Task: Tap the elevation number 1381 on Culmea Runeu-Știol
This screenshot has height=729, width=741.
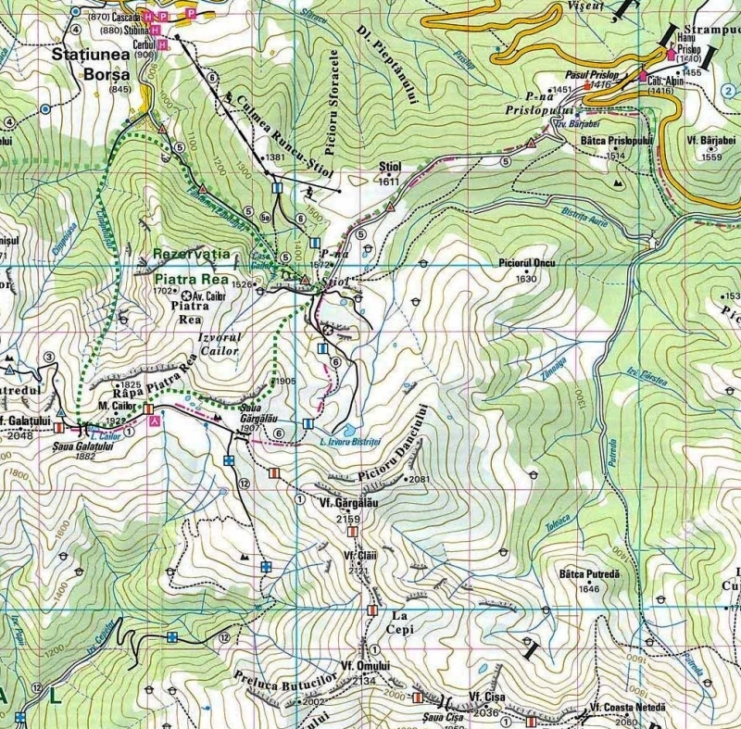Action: coord(275,157)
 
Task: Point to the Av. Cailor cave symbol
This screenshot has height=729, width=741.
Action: coord(186,295)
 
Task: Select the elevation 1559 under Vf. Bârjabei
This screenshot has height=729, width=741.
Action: coord(711,157)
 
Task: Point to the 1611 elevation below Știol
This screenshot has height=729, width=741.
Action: coord(389,182)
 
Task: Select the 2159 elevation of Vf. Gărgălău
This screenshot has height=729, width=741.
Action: coord(347,520)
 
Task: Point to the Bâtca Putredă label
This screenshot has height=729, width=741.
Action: coord(589,574)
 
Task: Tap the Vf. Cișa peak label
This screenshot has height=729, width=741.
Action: coord(485,697)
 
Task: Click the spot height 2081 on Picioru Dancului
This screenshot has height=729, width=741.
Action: coord(420,479)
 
